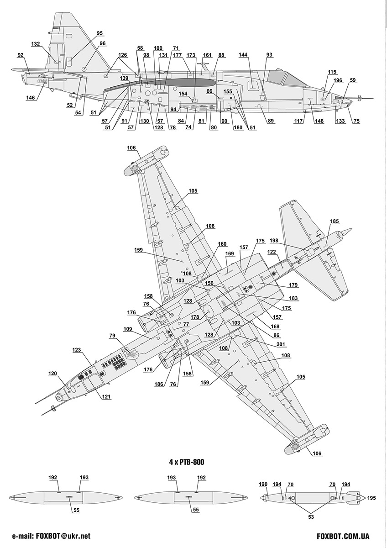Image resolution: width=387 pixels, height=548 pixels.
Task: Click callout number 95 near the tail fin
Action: (99, 33)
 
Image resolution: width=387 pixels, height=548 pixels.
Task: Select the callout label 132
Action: (36, 44)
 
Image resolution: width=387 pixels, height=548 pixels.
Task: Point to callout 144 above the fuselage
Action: (243, 55)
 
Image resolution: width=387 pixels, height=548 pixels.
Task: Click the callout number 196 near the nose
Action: (338, 81)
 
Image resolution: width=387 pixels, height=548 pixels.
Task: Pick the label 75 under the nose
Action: (356, 121)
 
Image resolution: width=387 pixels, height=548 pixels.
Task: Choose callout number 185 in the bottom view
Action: (335, 221)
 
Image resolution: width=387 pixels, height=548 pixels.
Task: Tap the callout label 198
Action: (274, 240)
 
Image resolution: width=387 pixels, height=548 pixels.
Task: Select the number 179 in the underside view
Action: (293, 285)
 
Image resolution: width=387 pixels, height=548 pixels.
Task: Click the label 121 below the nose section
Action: (106, 396)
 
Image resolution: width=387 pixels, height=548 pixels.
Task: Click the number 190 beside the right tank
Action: (263, 484)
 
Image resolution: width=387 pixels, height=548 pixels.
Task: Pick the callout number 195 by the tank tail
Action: (370, 498)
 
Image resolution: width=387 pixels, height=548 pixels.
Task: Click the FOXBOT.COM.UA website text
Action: (343, 537)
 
